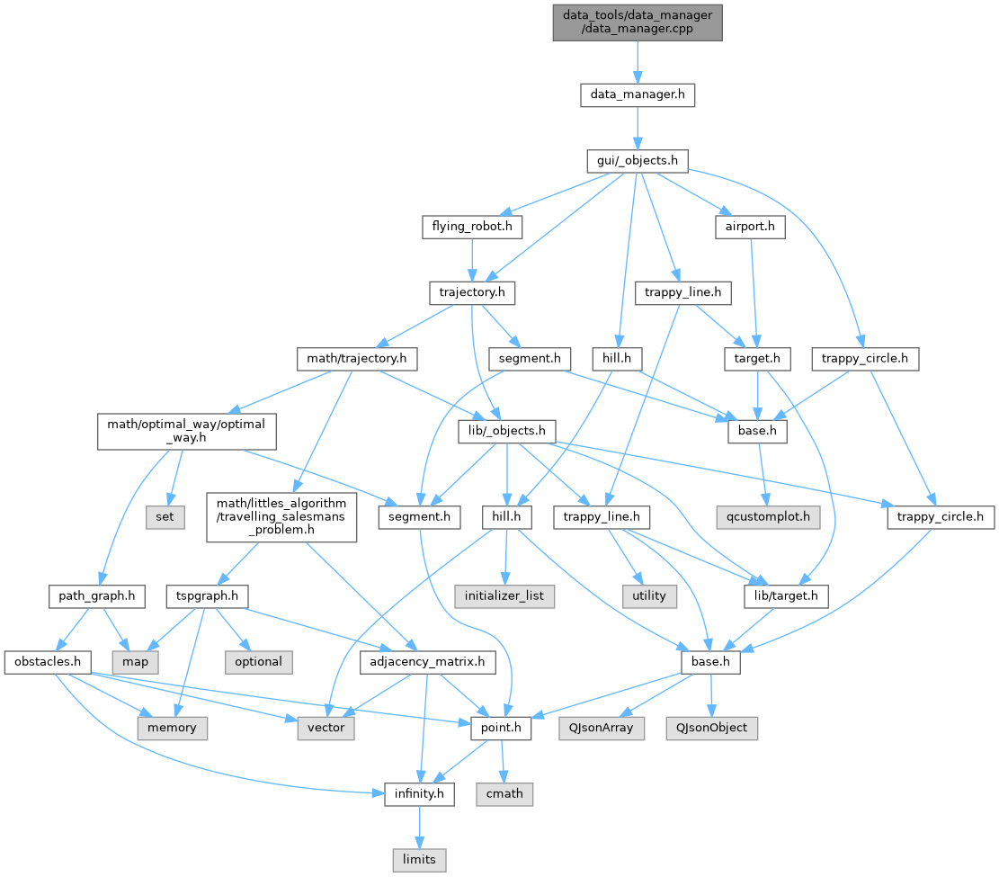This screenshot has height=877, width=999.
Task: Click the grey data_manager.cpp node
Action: (x=638, y=22)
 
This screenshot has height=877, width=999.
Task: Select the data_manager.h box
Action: (x=638, y=95)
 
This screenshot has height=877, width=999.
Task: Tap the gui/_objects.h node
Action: (x=638, y=161)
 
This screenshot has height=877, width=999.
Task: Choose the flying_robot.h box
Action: (x=472, y=227)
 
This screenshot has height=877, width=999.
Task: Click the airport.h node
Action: (x=750, y=227)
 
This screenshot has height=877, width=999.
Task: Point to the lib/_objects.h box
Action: (x=507, y=432)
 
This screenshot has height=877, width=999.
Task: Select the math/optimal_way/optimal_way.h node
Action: (x=187, y=432)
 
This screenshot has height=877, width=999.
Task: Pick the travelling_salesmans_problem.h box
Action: (x=281, y=517)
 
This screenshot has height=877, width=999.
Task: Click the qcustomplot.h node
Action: (x=769, y=517)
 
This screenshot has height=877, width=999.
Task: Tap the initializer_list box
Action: (x=504, y=596)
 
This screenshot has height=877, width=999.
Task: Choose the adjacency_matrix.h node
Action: (x=427, y=662)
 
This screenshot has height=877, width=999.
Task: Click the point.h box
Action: (x=501, y=728)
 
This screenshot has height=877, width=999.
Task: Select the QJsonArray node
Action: (x=602, y=728)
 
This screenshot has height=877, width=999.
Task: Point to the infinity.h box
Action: (x=419, y=794)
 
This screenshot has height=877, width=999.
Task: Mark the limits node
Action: (x=419, y=860)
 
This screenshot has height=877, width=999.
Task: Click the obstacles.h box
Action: (x=48, y=662)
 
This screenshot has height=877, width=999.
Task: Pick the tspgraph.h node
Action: (x=207, y=596)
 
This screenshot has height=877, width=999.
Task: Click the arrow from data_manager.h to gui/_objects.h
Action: (x=638, y=128)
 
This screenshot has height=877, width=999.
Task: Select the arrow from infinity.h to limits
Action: (x=419, y=827)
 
